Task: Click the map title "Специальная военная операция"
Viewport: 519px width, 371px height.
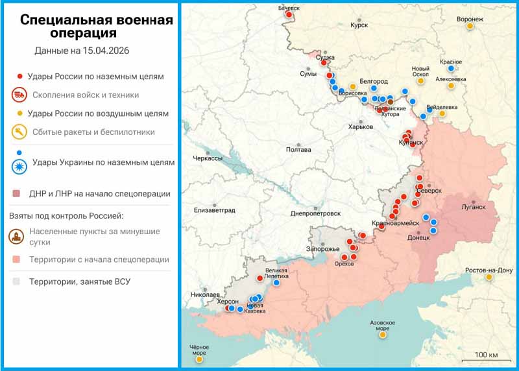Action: (96, 26)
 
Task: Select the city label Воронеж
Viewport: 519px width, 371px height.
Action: (470, 19)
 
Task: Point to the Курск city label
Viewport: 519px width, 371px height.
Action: (359, 25)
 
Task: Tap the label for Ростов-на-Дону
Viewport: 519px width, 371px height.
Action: (489, 270)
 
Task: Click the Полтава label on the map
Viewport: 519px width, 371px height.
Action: (298, 149)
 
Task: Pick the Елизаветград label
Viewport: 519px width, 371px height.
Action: (214, 210)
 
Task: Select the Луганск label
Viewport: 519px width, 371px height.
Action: (473, 208)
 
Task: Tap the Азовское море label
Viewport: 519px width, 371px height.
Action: (382, 325)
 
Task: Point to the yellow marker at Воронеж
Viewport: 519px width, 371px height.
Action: (470, 26)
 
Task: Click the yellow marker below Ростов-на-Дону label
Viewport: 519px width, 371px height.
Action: (489, 278)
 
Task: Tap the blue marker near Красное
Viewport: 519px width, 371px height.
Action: (452, 67)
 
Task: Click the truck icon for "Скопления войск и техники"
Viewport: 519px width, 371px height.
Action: (19, 95)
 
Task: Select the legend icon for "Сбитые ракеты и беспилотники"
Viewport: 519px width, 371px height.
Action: (19, 132)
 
